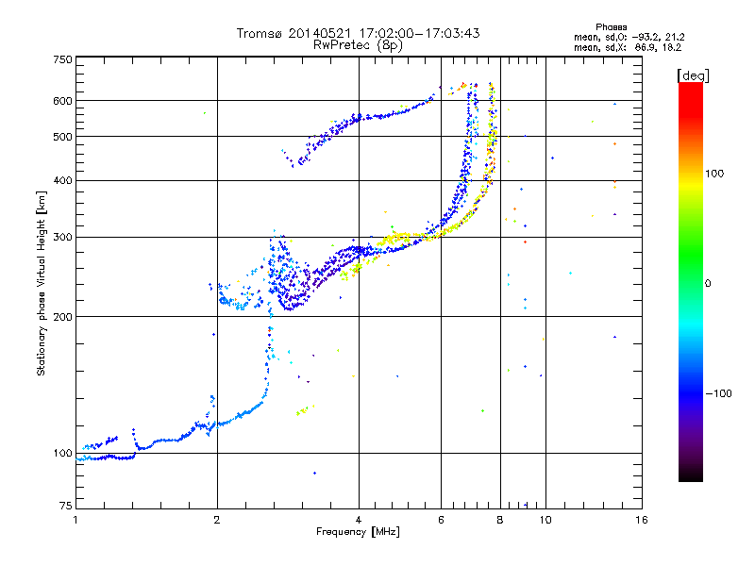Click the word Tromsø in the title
click(x=260, y=33)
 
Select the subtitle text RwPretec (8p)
click(x=358, y=45)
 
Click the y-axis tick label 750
click(x=63, y=59)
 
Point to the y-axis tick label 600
click(x=63, y=101)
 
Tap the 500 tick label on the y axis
click(x=63, y=137)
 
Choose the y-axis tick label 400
click(x=63, y=181)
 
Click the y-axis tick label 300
click(x=63, y=238)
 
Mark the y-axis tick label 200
click(x=63, y=317)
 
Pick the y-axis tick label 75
click(x=66, y=506)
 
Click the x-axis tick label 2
click(x=217, y=520)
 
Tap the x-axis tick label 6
click(x=441, y=520)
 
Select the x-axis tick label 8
click(x=500, y=520)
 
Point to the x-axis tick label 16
click(x=642, y=520)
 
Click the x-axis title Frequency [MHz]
click(x=358, y=532)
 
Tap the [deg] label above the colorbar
click(x=693, y=76)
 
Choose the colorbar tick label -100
click(x=719, y=393)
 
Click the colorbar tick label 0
click(x=708, y=284)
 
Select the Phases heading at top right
click(x=612, y=27)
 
